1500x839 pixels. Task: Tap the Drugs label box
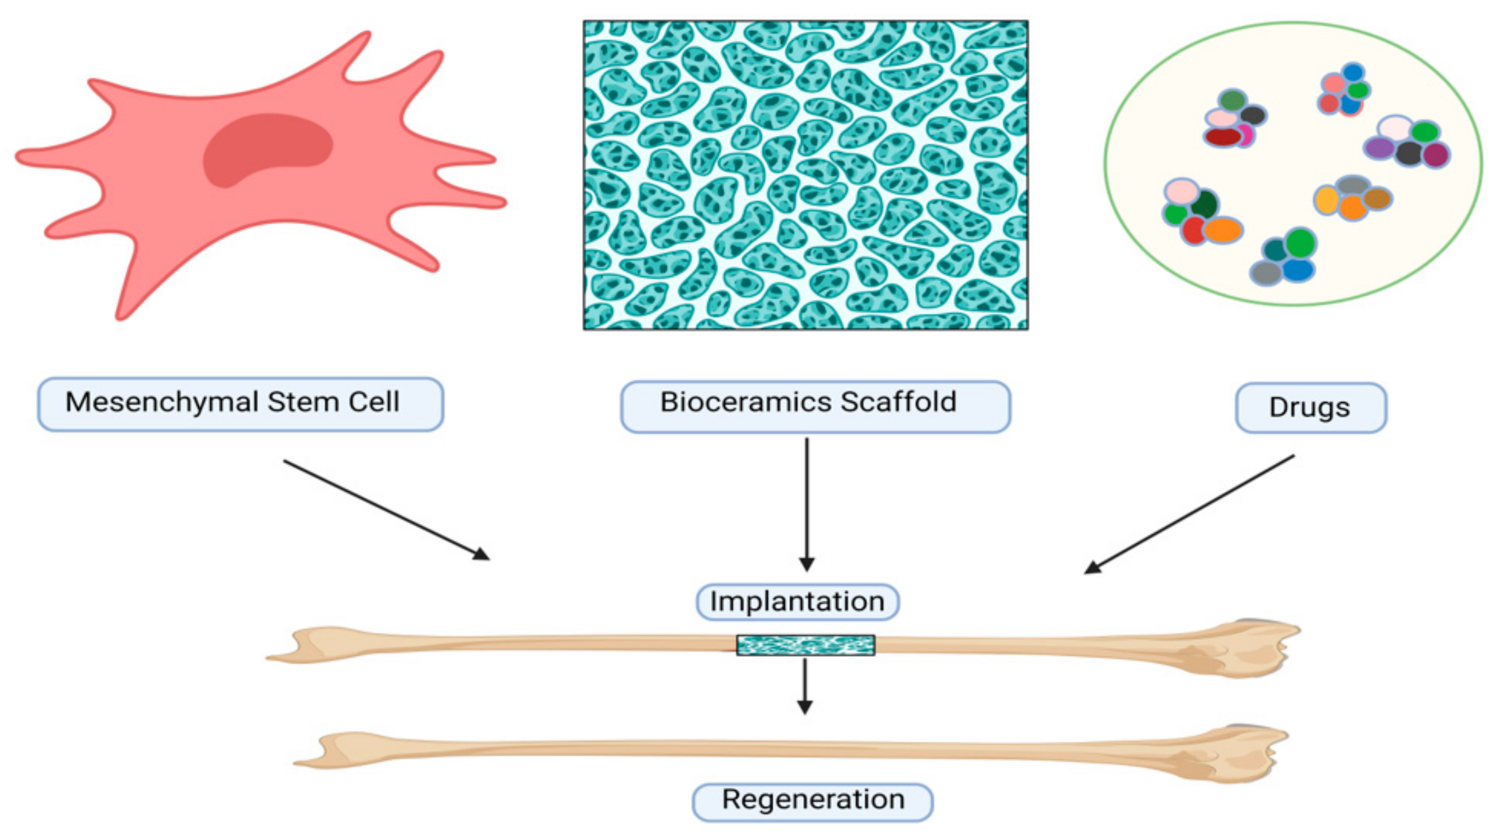pyautogui.click(x=1310, y=408)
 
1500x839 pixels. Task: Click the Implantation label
pyautogui.click(x=797, y=602)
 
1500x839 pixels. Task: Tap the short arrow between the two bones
pyautogui.click(x=805, y=686)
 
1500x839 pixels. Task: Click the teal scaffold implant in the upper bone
pyautogui.click(x=805, y=645)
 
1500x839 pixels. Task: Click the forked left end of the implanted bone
pyautogui.click(x=297, y=646)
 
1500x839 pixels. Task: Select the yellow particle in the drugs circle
pyautogui.click(x=1326, y=200)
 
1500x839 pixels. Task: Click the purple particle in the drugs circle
pyautogui.click(x=1379, y=148)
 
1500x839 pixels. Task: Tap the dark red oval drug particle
pyautogui.click(x=1222, y=136)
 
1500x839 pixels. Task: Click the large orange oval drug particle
pyautogui.click(x=1223, y=230)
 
